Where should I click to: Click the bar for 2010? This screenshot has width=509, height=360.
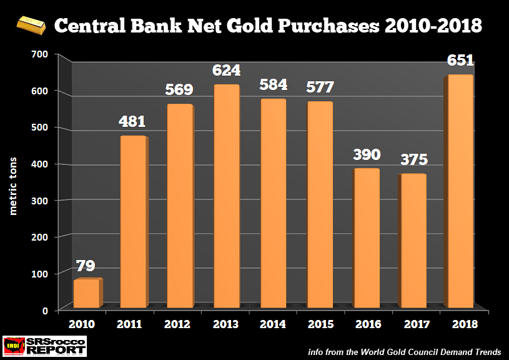[86, 293]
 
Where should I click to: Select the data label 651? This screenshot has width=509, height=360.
[460, 61]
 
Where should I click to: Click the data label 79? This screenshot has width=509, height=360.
[86, 266]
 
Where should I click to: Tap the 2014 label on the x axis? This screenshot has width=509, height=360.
[273, 324]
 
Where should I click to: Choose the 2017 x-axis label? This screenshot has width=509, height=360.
[413, 324]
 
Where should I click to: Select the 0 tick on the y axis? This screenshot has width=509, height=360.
[46, 310]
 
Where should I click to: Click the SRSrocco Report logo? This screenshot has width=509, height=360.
[44, 346]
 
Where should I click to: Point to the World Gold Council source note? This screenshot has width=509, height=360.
[405, 352]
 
